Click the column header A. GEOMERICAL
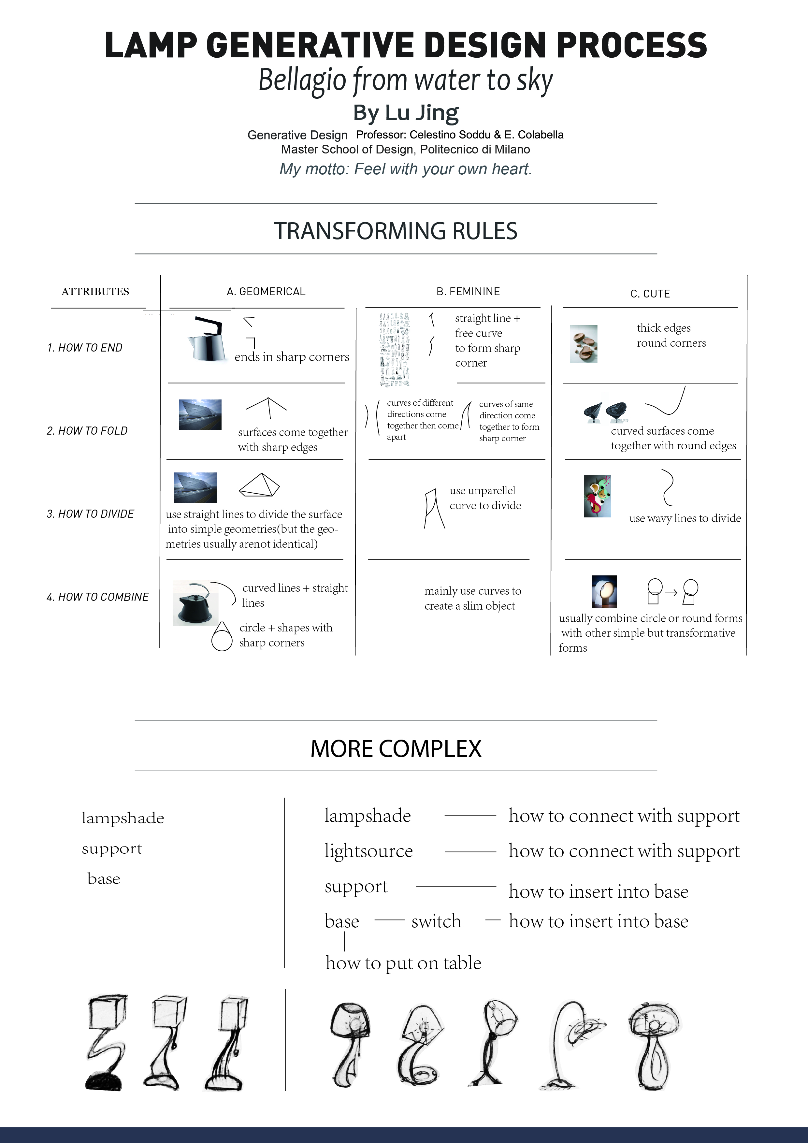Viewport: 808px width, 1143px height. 266,292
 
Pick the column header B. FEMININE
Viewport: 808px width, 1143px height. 468,292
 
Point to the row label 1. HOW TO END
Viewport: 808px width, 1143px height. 85,347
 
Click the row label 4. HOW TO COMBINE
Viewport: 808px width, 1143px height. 97,597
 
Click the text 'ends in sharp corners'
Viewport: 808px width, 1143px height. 292,357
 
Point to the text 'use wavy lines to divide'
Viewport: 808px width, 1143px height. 685,518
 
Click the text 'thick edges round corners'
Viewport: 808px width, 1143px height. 671,335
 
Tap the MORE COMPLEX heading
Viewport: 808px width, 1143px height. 396,749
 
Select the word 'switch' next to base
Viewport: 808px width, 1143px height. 436,921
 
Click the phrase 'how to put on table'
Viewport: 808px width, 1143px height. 403,963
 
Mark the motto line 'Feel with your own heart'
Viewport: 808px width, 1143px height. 405,169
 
